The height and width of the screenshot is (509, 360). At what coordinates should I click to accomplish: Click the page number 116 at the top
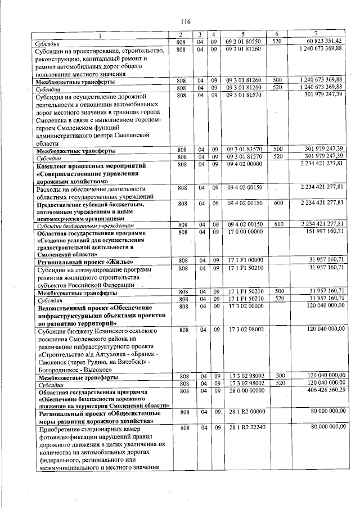tap(185, 21)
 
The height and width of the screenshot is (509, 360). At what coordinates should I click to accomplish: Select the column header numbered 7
tap(318, 35)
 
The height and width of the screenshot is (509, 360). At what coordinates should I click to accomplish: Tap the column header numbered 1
tap(102, 35)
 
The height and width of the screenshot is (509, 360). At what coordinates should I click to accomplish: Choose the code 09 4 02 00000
tap(243, 166)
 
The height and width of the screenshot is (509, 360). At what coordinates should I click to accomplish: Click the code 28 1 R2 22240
tap(243, 429)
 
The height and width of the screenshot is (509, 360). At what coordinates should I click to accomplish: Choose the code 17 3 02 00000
tap(243, 307)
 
